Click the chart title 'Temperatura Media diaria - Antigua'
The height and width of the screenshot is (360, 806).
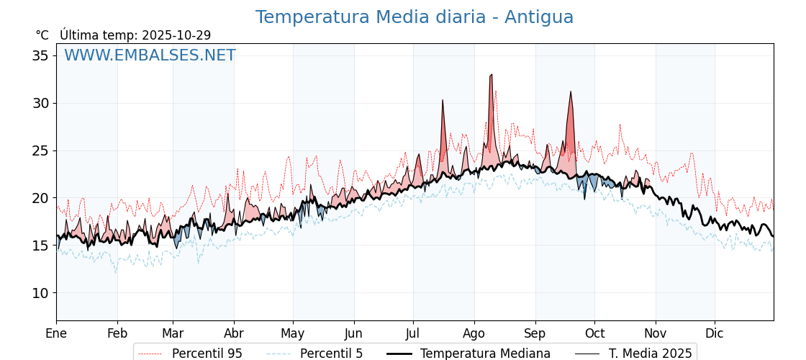click(x=415, y=17)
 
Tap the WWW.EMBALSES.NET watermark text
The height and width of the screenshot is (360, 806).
click(x=150, y=55)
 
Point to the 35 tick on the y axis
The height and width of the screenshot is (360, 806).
click(x=42, y=56)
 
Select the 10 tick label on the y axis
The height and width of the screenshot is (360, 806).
click(x=42, y=293)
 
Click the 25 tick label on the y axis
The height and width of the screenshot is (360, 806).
click(x=42, y=151)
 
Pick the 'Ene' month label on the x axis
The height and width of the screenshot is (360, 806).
click(x=56, y=333)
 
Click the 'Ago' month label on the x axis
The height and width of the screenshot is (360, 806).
click(x=474, y=333)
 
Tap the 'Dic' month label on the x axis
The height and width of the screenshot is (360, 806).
click(x=714, y=333)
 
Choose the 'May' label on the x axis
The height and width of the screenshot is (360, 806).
click(x=292, y=333)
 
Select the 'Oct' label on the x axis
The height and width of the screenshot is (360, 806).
click(x=594, y=333)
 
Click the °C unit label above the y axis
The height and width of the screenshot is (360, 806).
click(x=42, y=35)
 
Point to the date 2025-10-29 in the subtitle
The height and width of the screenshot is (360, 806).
click(x=176, y=35)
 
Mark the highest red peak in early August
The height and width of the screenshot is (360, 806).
click(x=491, y=75)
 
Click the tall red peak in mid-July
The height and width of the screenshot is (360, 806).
click(x=443, y=101)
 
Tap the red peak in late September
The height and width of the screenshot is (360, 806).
click(x=571, y=92)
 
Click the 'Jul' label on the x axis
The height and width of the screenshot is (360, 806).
click(x=413, y=333)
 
